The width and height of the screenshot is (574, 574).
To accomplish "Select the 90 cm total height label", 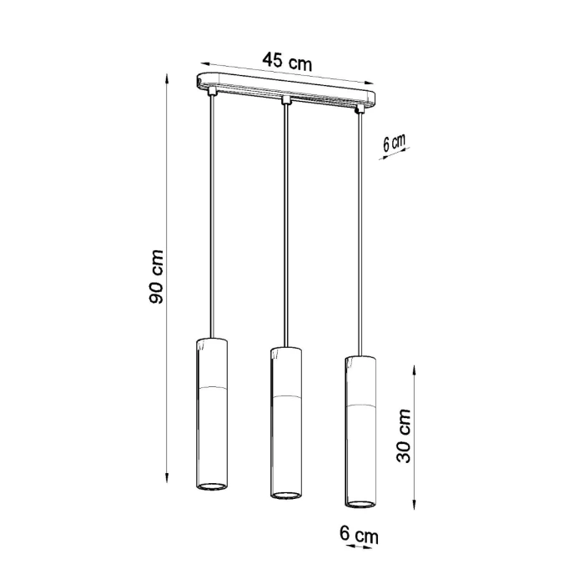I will (x=156, y=275).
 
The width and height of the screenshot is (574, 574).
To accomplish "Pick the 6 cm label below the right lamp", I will (x=358, y=533).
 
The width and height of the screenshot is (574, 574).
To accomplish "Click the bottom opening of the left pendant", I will (x=212, y=486).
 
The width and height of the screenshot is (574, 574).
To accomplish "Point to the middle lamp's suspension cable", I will (x=286, y=225).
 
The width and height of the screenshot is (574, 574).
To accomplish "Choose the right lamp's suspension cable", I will (x=360, y=234).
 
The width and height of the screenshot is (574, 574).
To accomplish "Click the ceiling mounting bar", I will (x=283, y=91).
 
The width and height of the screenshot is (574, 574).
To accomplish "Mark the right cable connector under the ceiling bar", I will (x=360, y=109).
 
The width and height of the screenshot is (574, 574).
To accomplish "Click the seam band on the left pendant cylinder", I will (x=212, y=390).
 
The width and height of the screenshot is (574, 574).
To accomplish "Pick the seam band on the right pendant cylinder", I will (x=360, y=405).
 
